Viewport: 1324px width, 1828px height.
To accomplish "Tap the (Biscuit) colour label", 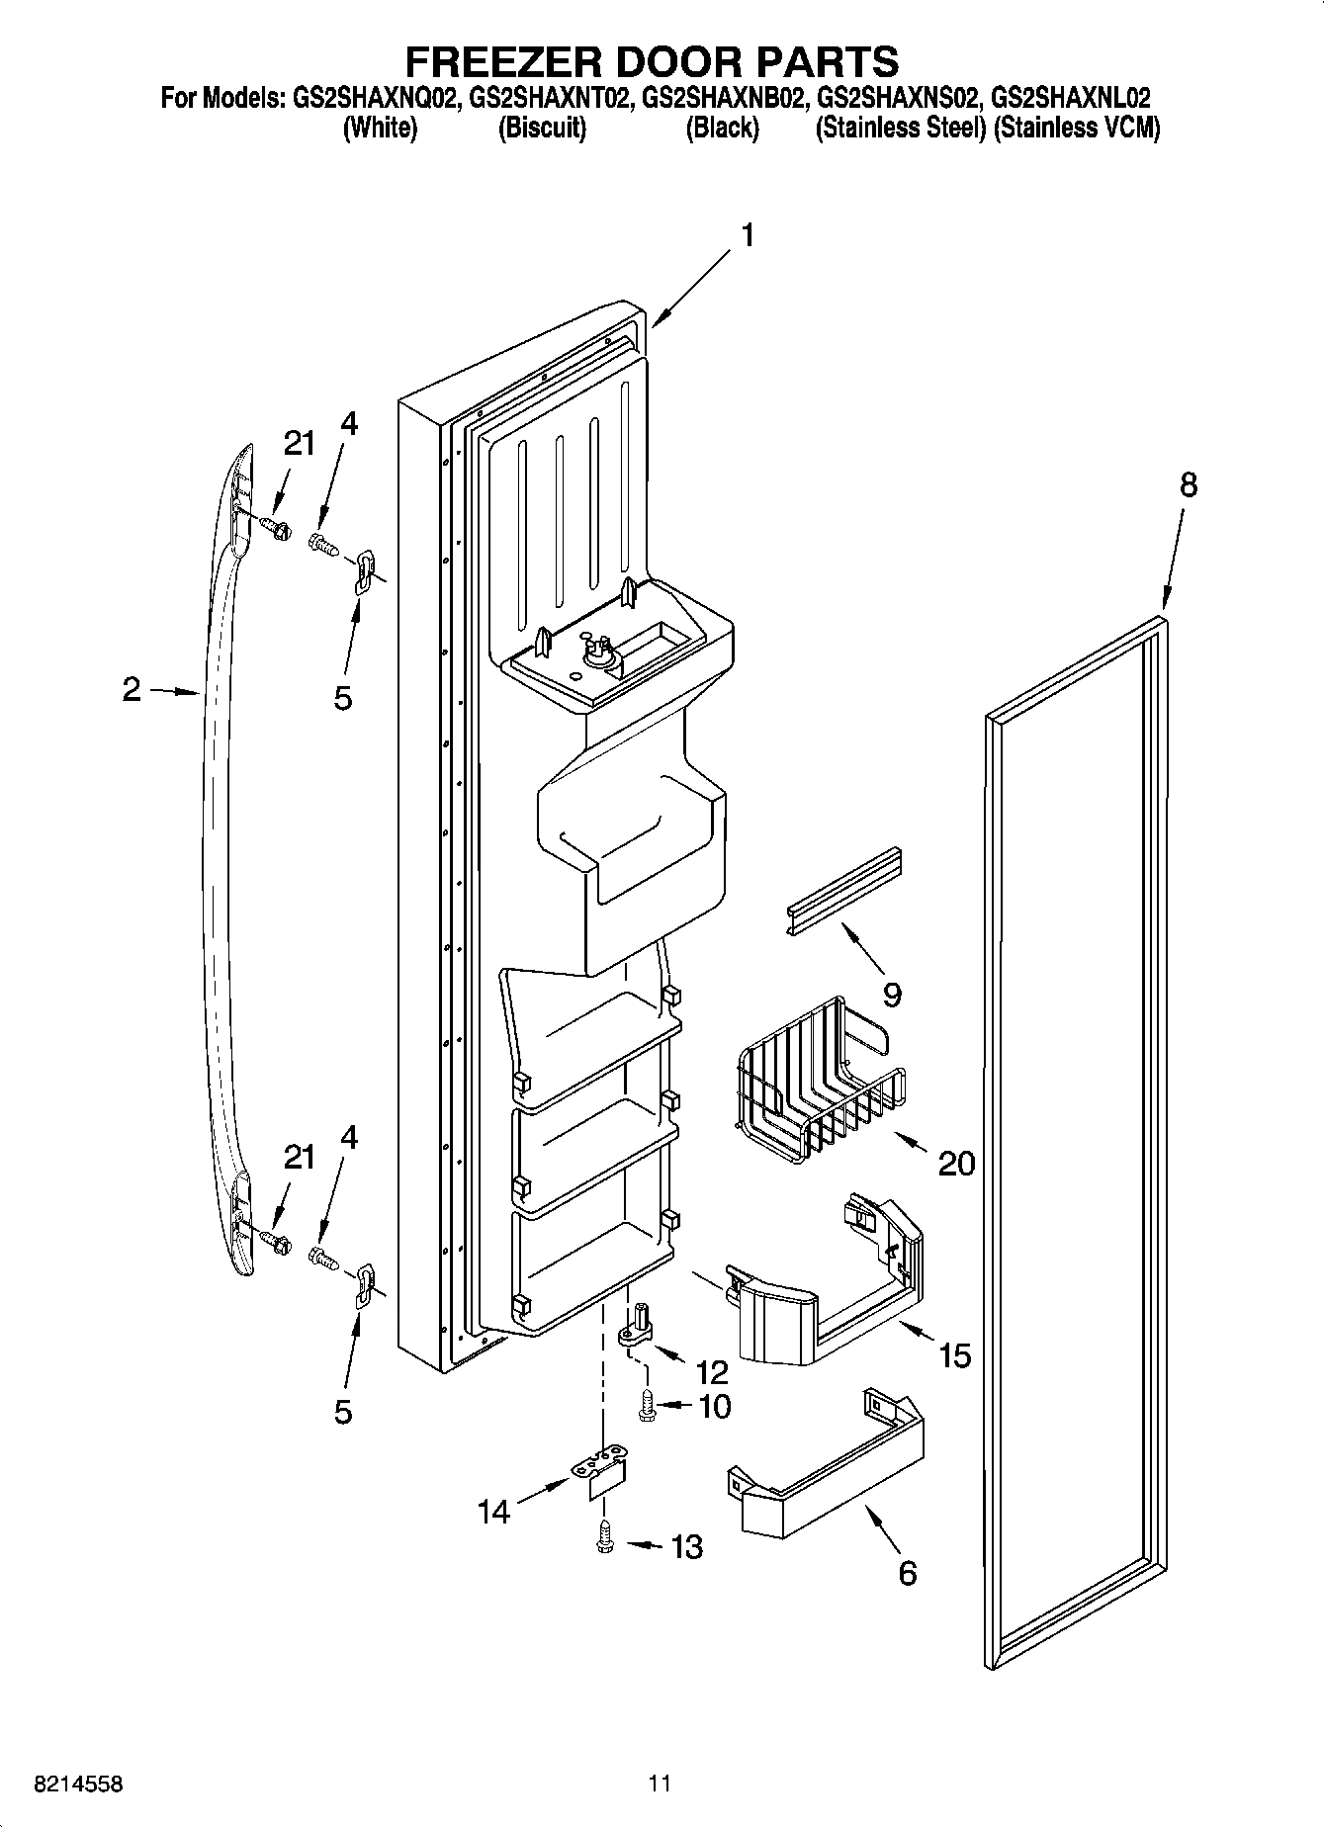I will coord(542,129).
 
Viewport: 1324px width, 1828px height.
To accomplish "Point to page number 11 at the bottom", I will coord(660,1784).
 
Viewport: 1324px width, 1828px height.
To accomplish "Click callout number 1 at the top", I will coord(748,235).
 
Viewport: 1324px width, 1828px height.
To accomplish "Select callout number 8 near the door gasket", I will coord(1188,484).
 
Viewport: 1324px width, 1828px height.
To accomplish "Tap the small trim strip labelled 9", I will coord(843,890).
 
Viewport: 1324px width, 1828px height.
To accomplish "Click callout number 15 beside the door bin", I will coord(954,1354).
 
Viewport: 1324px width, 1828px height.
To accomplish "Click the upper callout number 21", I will coord(300,444).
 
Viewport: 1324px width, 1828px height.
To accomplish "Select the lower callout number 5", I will coord(342,1412).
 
